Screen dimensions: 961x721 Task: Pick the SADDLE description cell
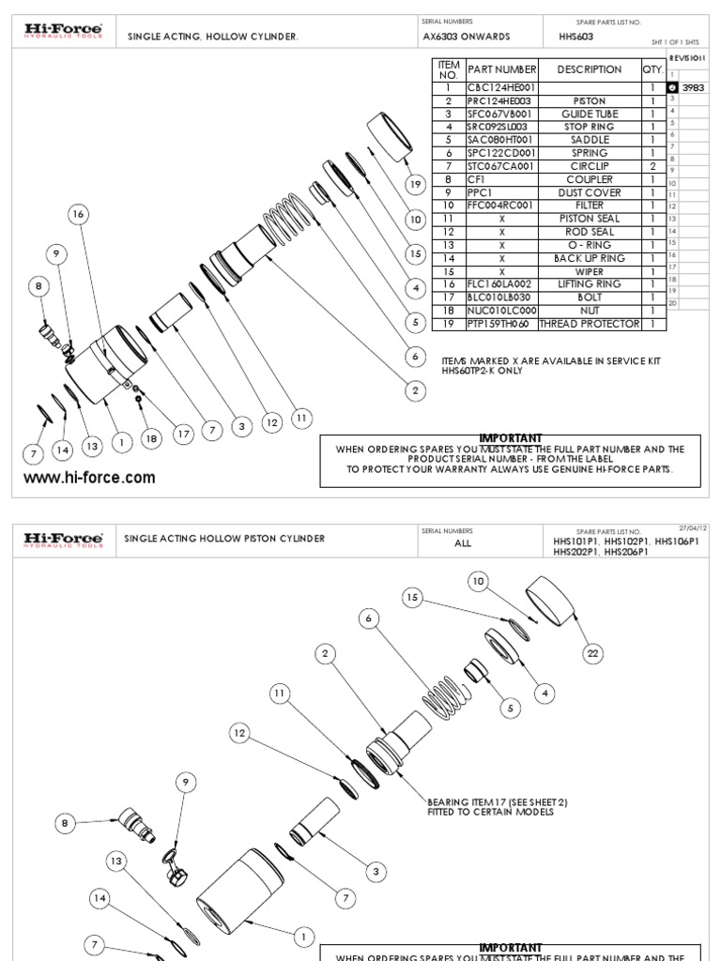click(x=590, y=140)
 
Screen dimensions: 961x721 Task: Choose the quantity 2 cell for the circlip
click(x=652, y=166)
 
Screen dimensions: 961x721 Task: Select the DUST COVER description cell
click(x=590, y=192)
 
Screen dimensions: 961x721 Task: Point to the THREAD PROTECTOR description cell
click(x=590, y=324)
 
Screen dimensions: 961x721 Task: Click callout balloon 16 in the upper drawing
click(x=79, y=215)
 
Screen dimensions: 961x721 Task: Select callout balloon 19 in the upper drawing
click(x=414, y=183)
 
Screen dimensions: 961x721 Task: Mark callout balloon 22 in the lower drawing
click(x=592, y=653)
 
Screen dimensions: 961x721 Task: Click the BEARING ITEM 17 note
click(x=497, y=806)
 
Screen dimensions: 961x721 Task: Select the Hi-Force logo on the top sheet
click(x=63, y=33)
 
